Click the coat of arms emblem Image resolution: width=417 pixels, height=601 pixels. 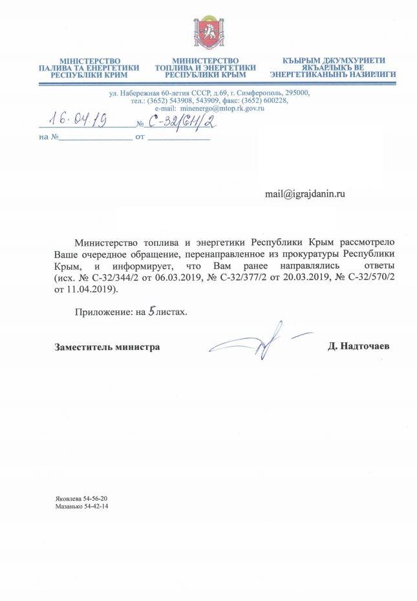(209, 33)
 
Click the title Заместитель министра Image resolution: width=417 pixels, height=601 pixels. (107, 347)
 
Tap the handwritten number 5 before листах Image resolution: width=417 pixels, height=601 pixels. (151, 311)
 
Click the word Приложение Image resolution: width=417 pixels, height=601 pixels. (101, 311)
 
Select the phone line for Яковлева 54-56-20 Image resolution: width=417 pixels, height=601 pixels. (81, 498)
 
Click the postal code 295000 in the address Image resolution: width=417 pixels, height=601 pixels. (295, 93)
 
